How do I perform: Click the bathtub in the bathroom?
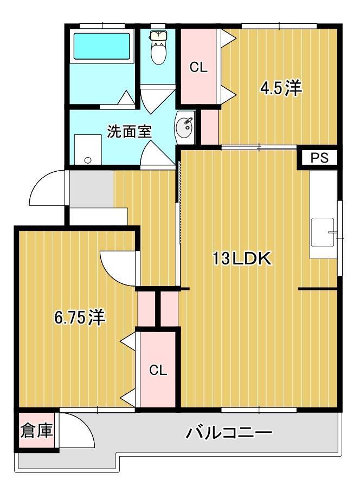pos(102,46)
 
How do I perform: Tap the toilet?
pos(158,48)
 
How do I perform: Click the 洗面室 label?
pos(129,132)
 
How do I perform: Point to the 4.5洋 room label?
pos(280,88)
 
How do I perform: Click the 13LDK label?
pos(241,260)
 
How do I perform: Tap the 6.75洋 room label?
pos(80,317)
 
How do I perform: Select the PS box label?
pos(320,158)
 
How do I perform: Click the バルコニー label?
pos(229,433)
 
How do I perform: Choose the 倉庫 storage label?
pos(37,431)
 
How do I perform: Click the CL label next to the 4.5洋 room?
pos(198,68)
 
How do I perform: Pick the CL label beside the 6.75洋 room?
pos(158,371)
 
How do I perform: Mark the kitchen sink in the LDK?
pos(323,231)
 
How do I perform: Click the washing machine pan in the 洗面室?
pos(87,149)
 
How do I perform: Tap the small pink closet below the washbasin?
pos(209,127)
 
